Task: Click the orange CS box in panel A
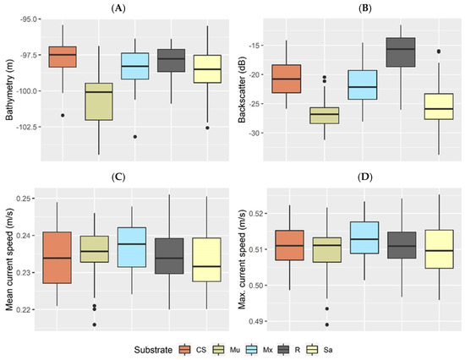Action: (x=63, y=57)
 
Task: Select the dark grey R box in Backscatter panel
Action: (x=401, y=52)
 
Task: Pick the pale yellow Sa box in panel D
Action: (x=439, y=249)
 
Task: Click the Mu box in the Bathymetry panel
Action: (x=99, y=101)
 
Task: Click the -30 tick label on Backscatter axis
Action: (x=254, y=133)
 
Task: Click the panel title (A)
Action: (x=118, y=8)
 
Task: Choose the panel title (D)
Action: (x=364, y=177)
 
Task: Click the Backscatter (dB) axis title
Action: (x=242, y=89)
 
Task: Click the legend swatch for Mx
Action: (x=251, y=350)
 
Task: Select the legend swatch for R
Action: (x=284, y=350)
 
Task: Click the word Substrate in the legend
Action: (x=153, y=350)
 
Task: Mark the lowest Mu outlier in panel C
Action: (x=95, y=325)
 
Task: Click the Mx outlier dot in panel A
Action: (x=135, y=137)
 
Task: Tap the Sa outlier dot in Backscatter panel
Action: (x=439, y=52)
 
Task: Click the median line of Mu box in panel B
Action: (x=325, y=114)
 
